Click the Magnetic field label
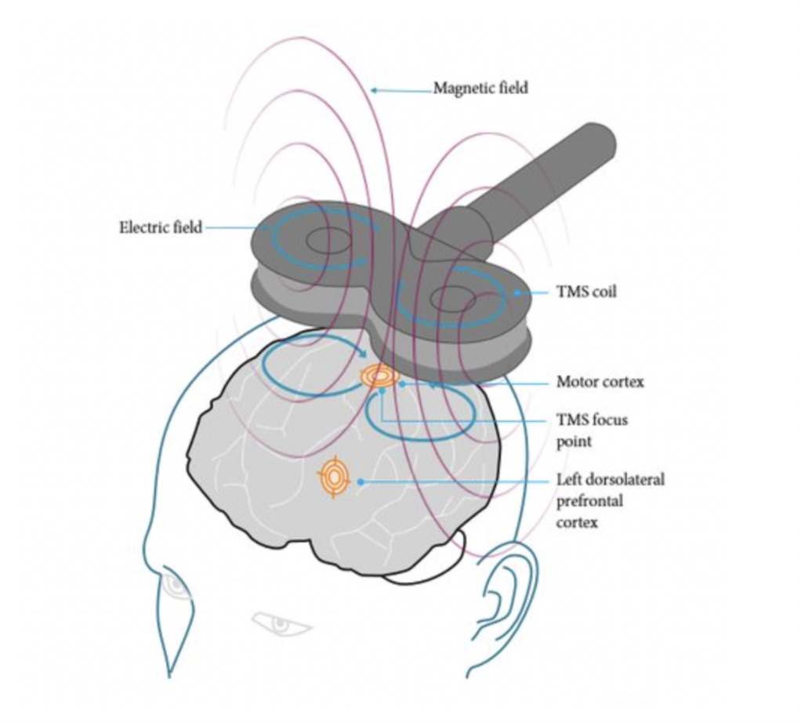(480, 88)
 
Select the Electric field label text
(160, 228)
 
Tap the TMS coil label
(586, 292)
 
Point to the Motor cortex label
(600, 382)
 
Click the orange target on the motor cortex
(379, 377)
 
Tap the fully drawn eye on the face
(278, 623)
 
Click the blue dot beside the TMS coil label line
(516, 292)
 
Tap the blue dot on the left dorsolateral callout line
(360, 480)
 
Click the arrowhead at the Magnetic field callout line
(374, 90)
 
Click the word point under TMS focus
(574, 441)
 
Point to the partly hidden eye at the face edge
(174, 585)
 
